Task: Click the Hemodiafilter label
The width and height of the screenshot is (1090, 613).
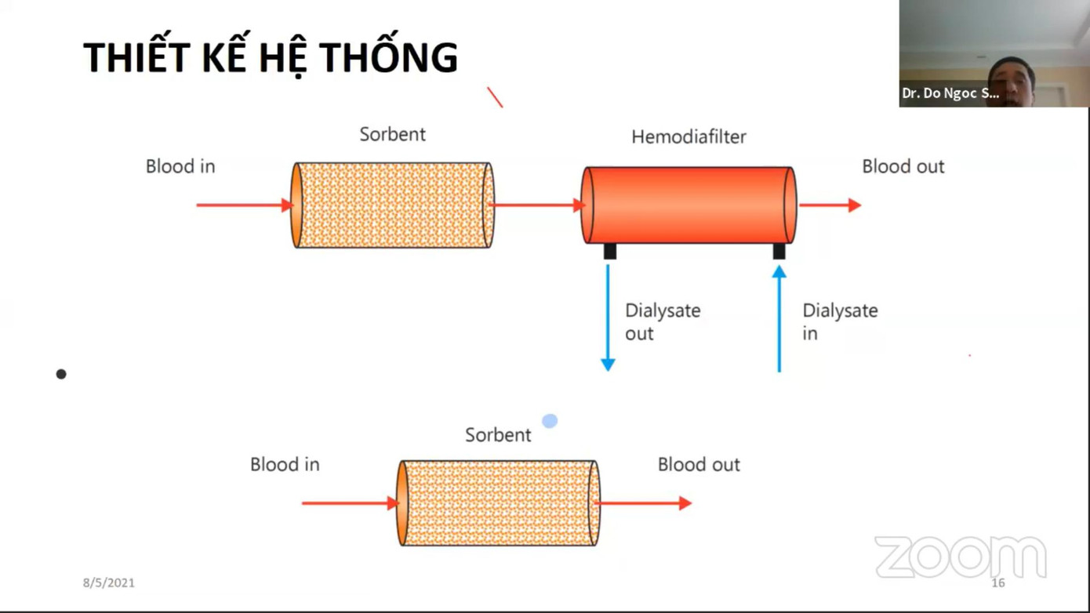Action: coord(689,137)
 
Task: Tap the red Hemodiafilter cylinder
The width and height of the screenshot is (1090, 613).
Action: coord(689,205)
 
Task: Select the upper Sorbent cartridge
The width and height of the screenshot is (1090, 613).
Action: coord(393,205)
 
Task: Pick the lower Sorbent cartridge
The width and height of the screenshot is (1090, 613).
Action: coord(499,503)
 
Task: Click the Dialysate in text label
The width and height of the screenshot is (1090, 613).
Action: coord(839,321)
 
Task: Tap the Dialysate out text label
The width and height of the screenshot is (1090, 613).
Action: coord(662,321)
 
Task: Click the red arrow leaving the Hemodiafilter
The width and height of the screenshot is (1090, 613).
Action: coord(830,205)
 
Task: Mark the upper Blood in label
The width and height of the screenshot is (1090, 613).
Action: coord(180,166)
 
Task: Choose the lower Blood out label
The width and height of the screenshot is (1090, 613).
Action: coord(698,465)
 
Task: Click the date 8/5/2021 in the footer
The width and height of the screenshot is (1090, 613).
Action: coord(109,582)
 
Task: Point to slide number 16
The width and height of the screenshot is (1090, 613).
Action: coord(997,582)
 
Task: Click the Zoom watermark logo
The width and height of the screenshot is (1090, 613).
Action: coord(960,557)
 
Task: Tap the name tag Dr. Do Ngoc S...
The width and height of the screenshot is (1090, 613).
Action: coord(950,93)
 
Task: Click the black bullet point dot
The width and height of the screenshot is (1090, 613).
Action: coord(61,374)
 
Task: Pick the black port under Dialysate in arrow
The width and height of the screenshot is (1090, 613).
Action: coord(779,251)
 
